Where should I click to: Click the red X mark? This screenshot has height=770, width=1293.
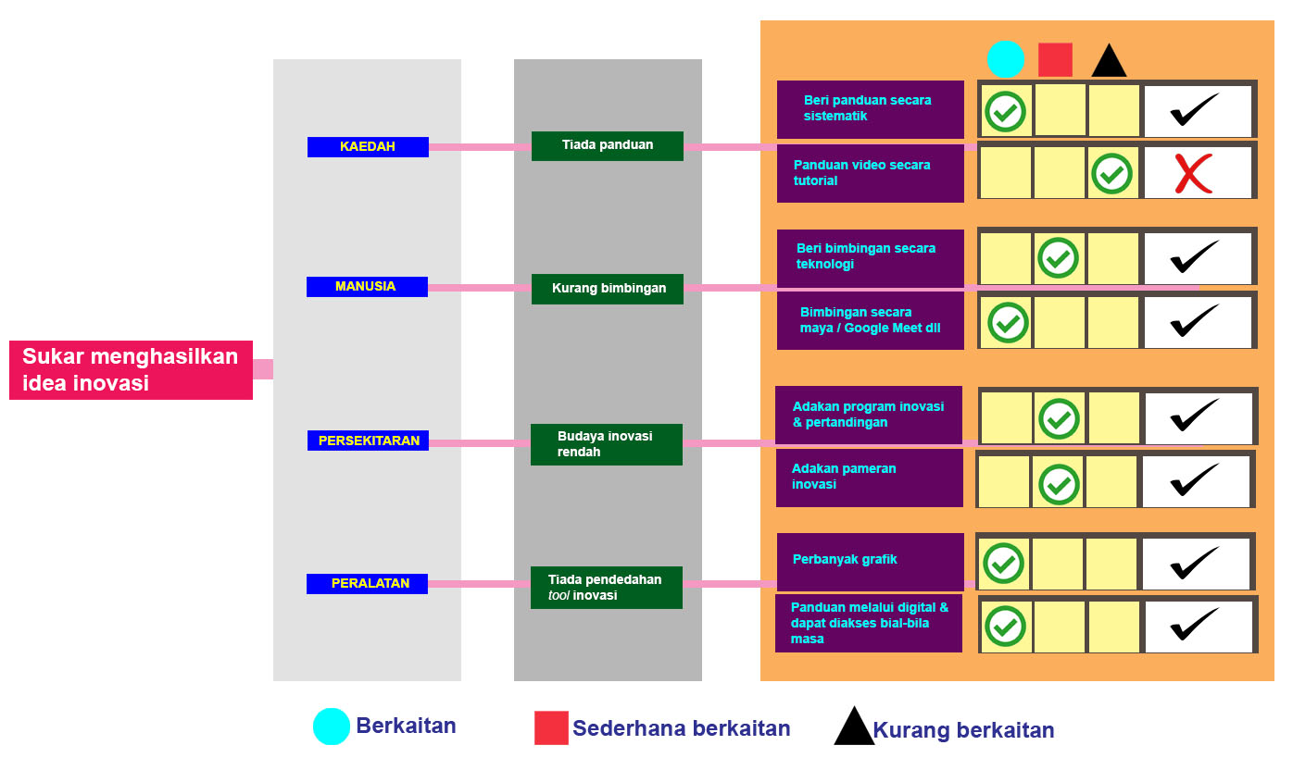pyautogui.click(x=1194, y=173)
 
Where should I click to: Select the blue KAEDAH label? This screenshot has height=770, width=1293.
pyautogui.click(x=368, y=147)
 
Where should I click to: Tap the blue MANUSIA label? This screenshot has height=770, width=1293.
pyautogui.click(x=367, y=287)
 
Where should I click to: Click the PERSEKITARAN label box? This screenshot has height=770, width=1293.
pyautogui.click(x=369, y=441)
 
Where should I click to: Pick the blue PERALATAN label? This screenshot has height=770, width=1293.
pyautogui.click(x=367, y=583)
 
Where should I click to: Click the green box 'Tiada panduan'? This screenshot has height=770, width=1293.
pyautogui.click(x=607, y=145)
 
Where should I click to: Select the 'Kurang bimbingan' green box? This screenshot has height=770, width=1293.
pyautogui.click(x=607, y=289)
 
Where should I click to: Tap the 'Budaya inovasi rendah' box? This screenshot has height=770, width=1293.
pyautogui.click(x=606, y=444)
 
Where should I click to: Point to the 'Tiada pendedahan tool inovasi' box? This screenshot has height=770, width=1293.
pyautogui.click(x=606, y=588)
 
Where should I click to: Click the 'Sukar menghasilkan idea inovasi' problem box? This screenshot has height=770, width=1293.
pyautogui.click(x=131, y=370)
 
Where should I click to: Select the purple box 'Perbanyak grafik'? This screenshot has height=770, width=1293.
pyautogui.click(x=870, y=561)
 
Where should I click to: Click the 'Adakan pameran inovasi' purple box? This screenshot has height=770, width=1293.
pyautogui.click(x=870, y=478)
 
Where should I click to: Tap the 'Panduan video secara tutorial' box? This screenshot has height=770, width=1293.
pyautogui.click(x=870, y=173)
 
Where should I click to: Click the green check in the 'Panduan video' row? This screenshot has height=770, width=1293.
pyautogui.click(x=1111, y=173)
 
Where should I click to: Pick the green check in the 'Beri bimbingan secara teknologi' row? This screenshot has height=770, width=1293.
pyautogui.click(x=1058, y=258)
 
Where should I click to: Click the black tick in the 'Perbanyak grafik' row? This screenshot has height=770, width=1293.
pyautogui.click(x=1194, y=562)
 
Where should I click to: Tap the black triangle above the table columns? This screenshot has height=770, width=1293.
pyautogui.click(x=1109, y=61)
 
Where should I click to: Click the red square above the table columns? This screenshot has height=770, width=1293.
pyautogui.click(x=1055, y=60)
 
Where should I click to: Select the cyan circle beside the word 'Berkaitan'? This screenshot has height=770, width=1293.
pyautogui.click(x=332, y=727)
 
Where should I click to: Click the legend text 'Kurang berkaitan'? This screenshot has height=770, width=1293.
pyautogui.click(x=963, y=730)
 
